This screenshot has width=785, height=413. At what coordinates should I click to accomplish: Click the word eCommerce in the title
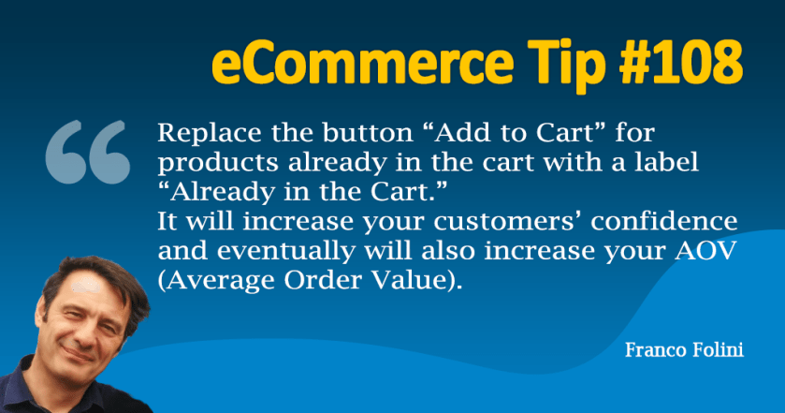363,63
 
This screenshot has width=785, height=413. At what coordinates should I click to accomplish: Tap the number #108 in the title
681,62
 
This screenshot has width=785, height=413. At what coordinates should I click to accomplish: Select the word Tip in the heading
567,66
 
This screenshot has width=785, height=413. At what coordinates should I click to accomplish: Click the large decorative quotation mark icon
87,152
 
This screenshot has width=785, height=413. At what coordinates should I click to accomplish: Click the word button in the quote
368,133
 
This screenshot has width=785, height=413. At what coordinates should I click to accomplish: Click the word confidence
664,221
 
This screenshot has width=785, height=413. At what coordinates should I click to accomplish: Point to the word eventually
286,252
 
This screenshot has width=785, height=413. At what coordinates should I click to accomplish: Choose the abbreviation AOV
705,251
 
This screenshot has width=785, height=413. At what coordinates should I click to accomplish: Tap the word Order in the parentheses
324,280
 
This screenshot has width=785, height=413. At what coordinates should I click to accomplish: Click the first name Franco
655,349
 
